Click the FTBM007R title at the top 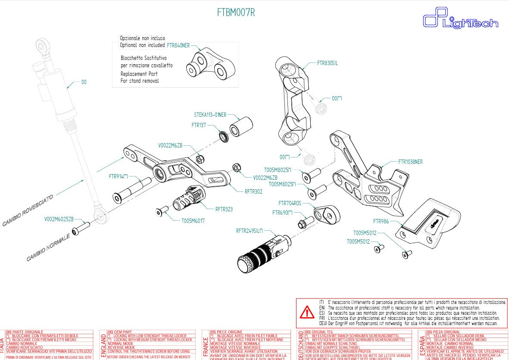click(236, 13)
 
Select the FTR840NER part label click(178, 44)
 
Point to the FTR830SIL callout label click(327, 63)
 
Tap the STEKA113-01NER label click(210, 115)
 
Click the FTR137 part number click(199, 125)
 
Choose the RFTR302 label click(253, 191)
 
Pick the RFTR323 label click(224, 209)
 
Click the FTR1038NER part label click(411, 162)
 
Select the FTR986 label click(381, 221)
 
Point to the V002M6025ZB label click(59, 219)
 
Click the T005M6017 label click(193, 220)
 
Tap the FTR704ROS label click(290, 203)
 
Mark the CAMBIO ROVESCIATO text click(28, 210)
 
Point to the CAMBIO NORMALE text click(47, 248)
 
